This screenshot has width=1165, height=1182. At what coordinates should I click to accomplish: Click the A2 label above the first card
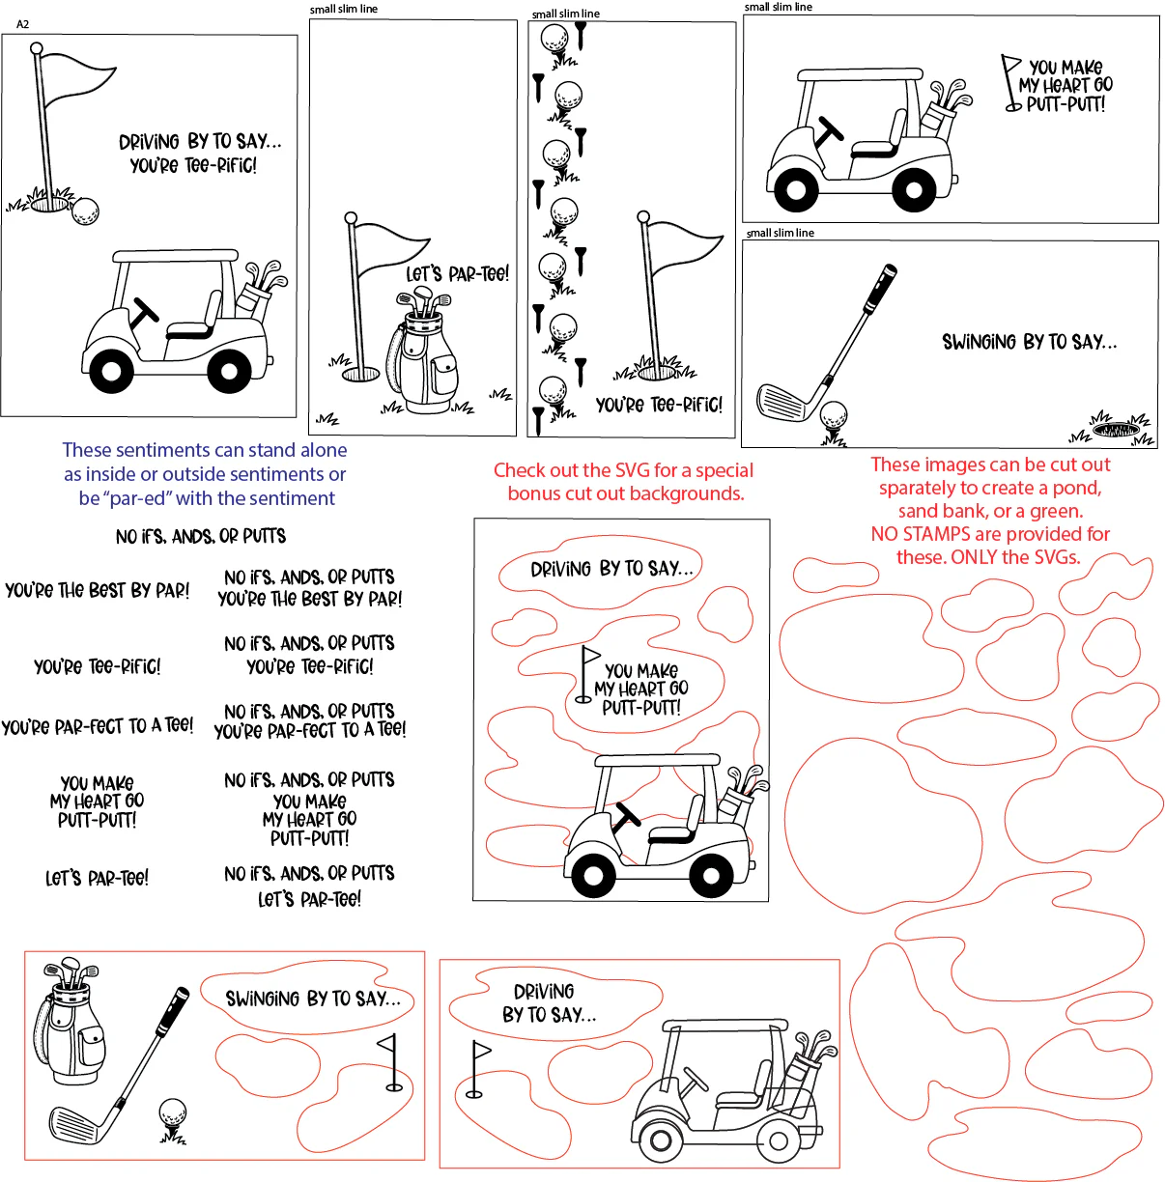pos(23,24)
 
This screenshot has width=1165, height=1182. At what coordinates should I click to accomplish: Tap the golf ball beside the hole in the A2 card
pos(85,211)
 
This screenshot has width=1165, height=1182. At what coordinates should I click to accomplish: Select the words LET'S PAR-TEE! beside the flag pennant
pos(457,273)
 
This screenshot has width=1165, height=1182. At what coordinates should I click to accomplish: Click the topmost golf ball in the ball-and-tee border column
pos(554,39)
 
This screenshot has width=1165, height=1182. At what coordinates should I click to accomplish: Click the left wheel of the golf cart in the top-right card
pos(796,188)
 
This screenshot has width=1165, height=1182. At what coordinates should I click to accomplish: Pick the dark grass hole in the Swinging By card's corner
pos(1117,430)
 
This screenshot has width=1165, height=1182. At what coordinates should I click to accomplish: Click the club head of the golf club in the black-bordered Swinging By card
pos(782,402)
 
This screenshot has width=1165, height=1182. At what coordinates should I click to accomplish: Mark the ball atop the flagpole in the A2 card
pos(36,48)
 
